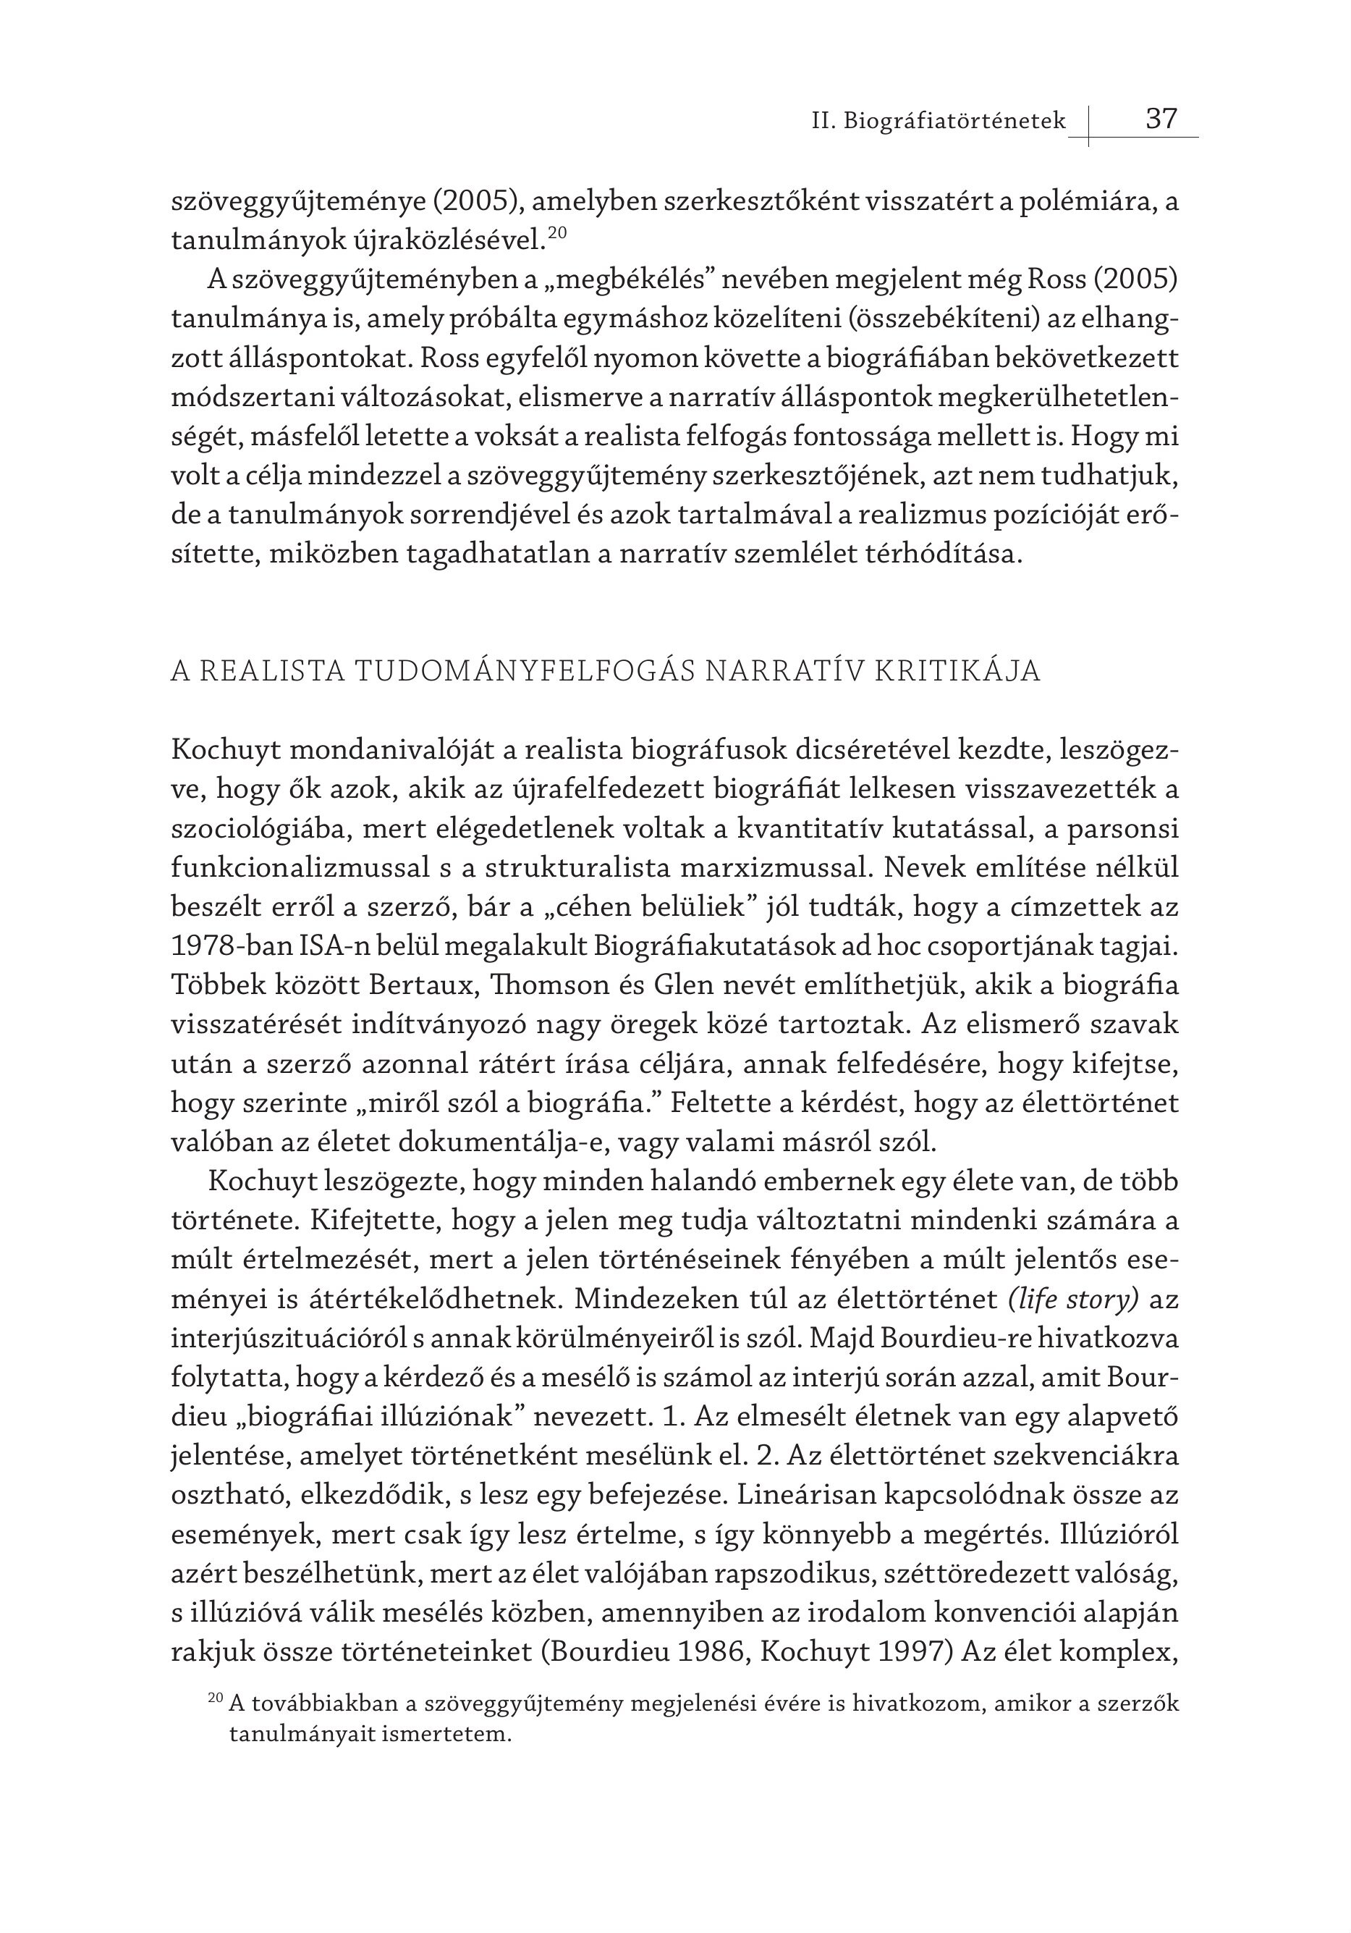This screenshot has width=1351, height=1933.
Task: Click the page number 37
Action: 1161,119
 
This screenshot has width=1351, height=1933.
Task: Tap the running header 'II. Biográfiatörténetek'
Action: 938,122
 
